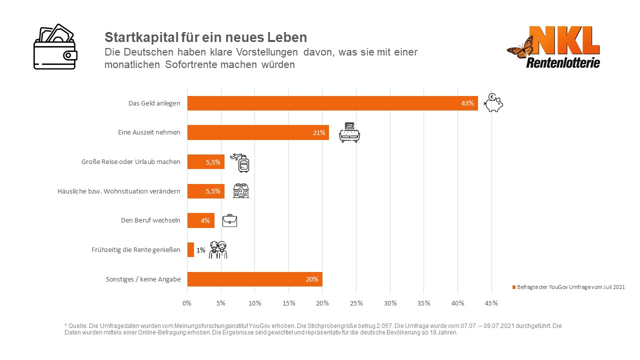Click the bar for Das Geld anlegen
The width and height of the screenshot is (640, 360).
[x=332, y=103]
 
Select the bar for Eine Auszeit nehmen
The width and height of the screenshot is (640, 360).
[x=258, y=132]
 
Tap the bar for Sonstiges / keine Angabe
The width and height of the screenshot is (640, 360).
[x=254, y=279]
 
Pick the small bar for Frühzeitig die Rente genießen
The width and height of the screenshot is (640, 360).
[x=190, y=249]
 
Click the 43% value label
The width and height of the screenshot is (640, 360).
[x=467, y=103]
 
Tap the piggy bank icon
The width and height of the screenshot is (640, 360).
[x=493, y=103]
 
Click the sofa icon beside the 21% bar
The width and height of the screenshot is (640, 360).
[x=349, y=132]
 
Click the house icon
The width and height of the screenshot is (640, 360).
[x=241, y=190]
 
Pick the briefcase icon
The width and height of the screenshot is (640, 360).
[x=229, y=220]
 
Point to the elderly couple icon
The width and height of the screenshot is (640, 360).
[x=218, y=249]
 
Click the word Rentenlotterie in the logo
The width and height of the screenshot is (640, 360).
[x=563, y=62]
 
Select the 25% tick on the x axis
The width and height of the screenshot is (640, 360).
[x=356, y=303]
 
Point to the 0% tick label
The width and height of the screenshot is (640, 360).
[x=187, y=303]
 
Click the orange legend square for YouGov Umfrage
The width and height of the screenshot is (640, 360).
[x=513, y=287]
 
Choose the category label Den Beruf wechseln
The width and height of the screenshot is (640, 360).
[x=150, y=220]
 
